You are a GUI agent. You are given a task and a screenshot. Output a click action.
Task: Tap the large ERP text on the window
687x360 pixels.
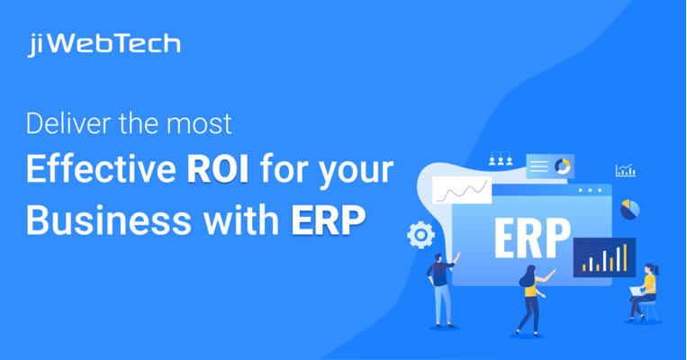coord(532,238)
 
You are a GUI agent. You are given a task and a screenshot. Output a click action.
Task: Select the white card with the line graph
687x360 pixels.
coord(462,190)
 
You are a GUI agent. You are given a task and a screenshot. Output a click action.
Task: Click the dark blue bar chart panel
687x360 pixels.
coord(604,256)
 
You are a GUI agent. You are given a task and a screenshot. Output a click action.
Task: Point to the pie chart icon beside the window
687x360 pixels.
coord(629,209)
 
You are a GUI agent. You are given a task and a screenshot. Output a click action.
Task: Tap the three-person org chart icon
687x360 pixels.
coord(500,160)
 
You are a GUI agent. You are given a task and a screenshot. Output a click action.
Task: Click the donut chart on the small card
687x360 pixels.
coord(563,166)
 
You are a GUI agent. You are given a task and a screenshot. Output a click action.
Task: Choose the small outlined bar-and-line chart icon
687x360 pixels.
coord(625,170)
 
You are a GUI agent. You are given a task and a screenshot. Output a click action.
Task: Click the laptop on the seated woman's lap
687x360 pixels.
coord(636,292)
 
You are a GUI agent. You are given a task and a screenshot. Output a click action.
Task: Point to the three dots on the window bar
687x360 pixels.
coord(589,191)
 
